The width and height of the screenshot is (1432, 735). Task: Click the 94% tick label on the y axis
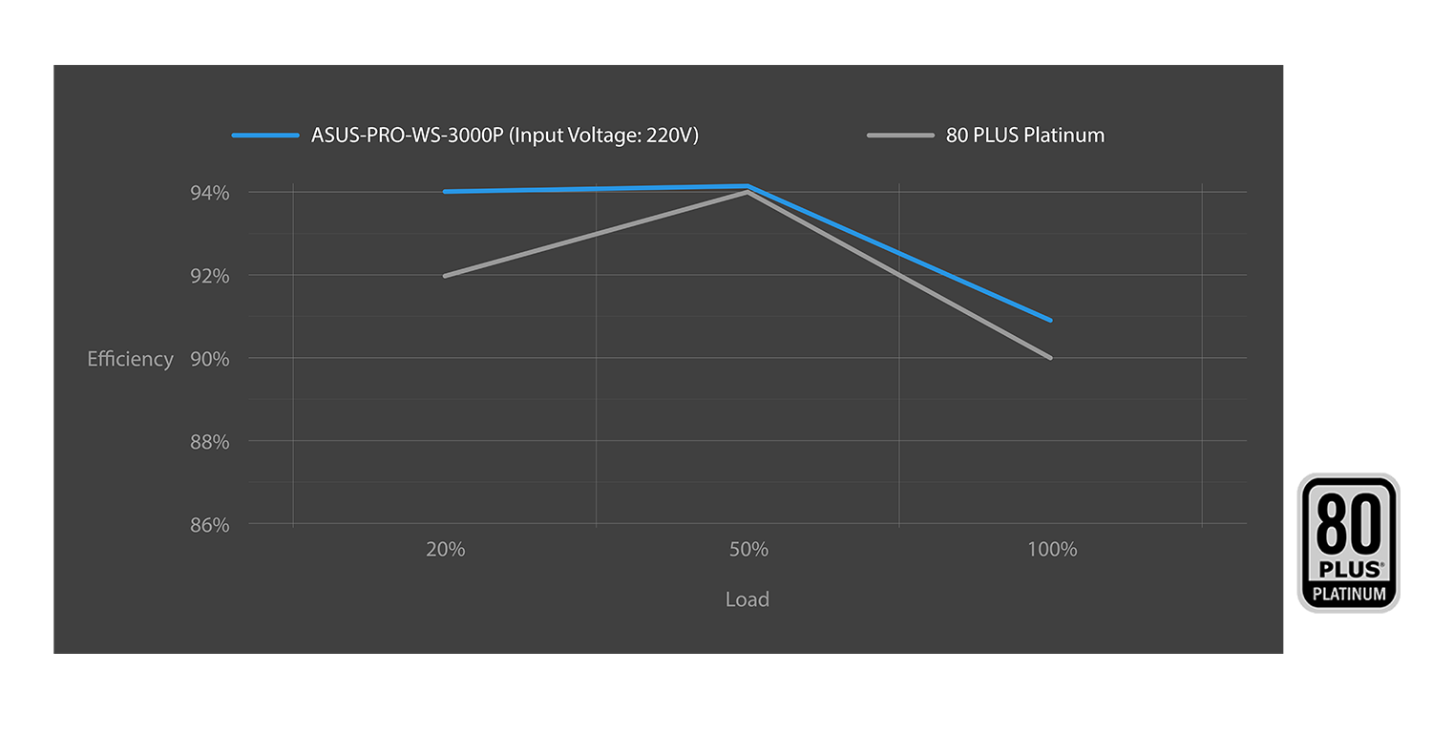210,193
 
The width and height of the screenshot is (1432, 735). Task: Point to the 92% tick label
210,276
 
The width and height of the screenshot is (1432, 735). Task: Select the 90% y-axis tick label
210,359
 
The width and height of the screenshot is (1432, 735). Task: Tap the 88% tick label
210,442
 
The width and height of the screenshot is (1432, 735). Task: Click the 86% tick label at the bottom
210,525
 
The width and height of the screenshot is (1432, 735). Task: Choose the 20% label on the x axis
446,550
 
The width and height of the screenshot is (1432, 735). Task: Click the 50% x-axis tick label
748,550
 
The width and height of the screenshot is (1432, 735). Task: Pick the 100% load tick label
1053,550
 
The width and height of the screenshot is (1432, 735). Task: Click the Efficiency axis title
130,359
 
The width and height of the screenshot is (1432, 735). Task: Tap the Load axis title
747,599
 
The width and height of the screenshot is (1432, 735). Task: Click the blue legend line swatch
265,136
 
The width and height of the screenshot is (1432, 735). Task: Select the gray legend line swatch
900,136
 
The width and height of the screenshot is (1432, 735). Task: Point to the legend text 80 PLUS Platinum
1024,136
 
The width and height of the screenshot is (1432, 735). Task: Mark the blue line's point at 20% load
446,192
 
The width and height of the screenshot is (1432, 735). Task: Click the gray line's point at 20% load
446,276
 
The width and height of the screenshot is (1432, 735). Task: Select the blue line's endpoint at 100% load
1050,320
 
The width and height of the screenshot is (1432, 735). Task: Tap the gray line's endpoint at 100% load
1050,358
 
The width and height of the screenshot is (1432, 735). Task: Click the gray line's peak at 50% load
748,193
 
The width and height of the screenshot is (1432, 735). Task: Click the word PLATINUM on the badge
1348,594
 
